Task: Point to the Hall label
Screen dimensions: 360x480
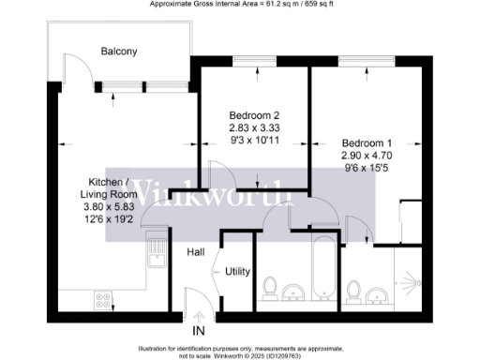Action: (x=195, y=252)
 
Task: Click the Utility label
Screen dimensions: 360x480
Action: (x=237, y=272)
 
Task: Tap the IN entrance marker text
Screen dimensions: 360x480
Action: (x=198, y=331)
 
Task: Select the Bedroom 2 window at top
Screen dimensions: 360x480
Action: (x=247, y=63)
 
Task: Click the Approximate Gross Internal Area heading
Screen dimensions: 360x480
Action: (x=240, y=5)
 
